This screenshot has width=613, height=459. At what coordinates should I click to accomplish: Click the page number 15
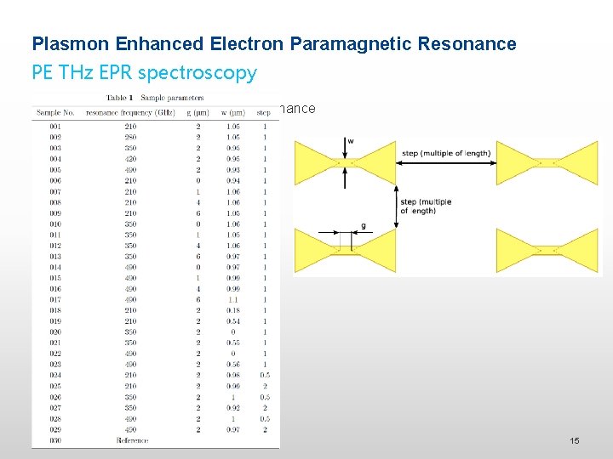click(575, 441)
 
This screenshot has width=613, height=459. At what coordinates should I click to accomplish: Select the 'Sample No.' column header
click(52, 111)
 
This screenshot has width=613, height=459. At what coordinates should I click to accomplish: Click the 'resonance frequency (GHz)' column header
click(128, 111)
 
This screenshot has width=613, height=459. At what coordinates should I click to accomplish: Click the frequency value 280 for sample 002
click(129, 137)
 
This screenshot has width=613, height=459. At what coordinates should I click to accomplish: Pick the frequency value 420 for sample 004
click(129, 158)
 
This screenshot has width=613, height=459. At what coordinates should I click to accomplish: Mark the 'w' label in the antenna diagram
click(351, 141)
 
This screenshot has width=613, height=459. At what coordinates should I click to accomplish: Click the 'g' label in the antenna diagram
click(364, 226)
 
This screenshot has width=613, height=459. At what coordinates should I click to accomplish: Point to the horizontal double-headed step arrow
click(444, 162)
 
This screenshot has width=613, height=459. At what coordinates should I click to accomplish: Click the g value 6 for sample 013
click(198, 256)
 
